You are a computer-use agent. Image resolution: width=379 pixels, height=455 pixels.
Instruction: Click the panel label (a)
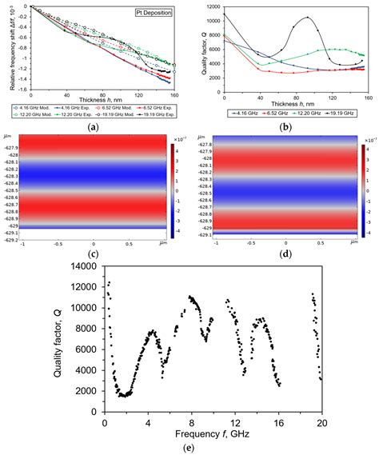tap(94, 126)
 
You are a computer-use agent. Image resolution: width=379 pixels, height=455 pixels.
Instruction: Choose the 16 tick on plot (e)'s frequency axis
tap(278, 408)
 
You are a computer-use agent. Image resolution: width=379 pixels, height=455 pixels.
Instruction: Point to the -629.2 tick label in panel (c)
tap(11, 240)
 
